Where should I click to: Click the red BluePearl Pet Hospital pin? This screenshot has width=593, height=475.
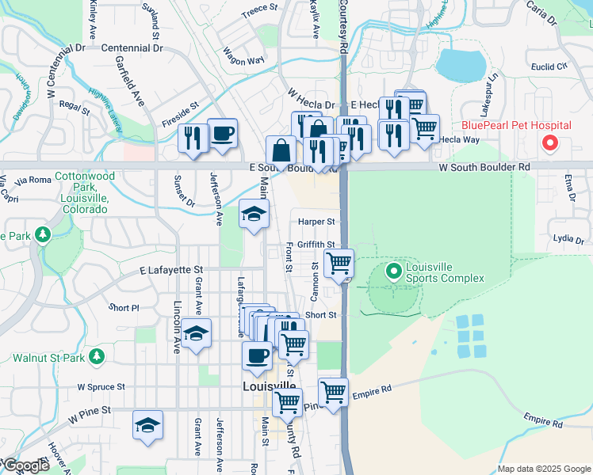548,142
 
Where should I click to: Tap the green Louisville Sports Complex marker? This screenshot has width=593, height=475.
393,272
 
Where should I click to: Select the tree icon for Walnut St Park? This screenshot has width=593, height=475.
97,357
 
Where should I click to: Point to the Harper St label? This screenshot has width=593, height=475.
317,222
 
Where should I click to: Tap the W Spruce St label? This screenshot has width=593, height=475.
101,387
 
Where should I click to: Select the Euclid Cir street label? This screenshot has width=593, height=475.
551,66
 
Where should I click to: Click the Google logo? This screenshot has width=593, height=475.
25,466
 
